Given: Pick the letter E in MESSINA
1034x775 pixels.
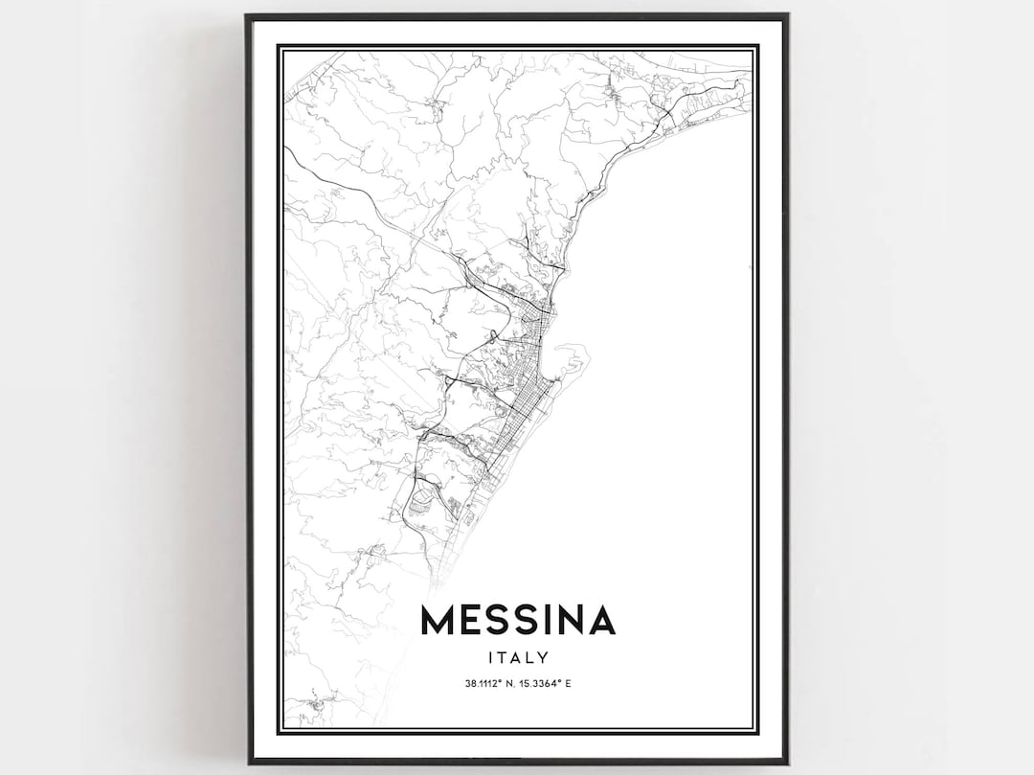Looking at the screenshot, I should (473, 621).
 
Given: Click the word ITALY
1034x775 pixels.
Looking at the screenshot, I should (517, 657).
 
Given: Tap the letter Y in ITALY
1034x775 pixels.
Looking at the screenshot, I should (543, 657).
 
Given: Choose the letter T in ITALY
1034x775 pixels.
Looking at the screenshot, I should (502, 657).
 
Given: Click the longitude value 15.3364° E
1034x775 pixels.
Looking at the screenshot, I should (548, 683).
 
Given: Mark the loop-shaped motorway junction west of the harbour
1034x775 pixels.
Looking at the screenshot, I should (492, 336).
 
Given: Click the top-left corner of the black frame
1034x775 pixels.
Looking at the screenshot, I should (246, 15).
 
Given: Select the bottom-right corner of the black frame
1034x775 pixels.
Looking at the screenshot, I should (787, 763).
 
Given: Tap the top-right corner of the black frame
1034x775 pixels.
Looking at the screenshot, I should (787, 15).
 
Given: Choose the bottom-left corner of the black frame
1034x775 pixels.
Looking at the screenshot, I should (246, 763).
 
